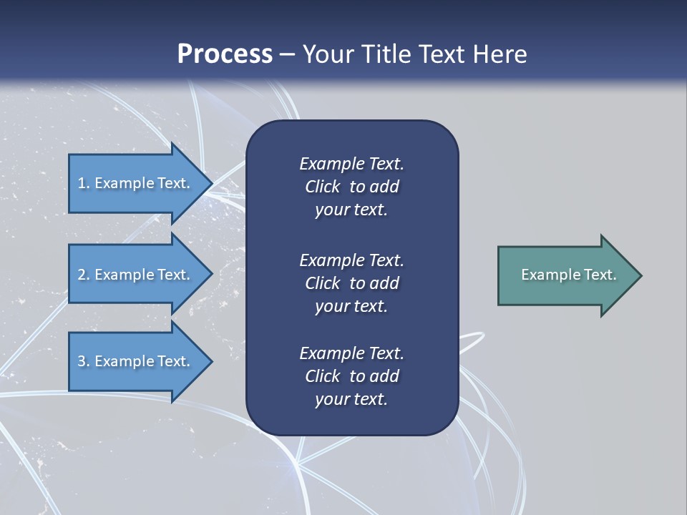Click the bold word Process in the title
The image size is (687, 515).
pos(225,54)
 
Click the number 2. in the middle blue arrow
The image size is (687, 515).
pos(84,275)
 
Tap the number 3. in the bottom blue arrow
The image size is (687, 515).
pos(84,361)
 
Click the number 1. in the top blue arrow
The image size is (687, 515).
pos(83,183)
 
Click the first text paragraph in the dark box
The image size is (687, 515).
pos(351,187)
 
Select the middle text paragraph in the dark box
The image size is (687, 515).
pos(351,283)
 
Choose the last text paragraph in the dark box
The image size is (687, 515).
pos(351,376)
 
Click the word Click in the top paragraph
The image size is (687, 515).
pos(322,187)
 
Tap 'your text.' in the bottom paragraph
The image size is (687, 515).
pos(351,399)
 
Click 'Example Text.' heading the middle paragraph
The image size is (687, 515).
pos(351,260)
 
